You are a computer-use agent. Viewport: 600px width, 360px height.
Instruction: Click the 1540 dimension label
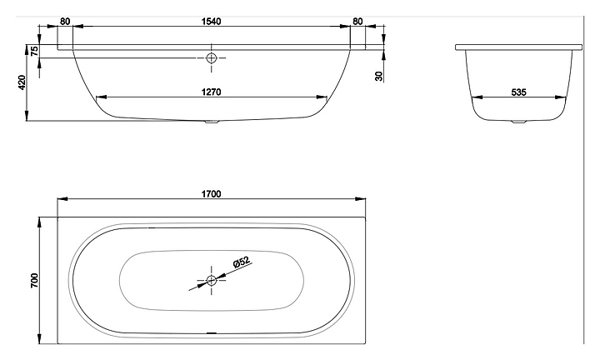pos(211,22)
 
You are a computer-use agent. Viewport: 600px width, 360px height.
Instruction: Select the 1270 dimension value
pos(211,92)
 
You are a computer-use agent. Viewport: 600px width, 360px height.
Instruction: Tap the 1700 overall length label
pos(211,194)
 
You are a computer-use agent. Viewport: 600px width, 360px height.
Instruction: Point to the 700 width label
pos(34,281)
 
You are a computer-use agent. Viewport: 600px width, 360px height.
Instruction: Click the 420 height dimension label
pos(22,82)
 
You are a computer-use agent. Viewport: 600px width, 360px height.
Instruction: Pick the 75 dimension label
pos(34,51)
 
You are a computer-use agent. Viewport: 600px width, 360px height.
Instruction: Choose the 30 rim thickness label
pos(379,76)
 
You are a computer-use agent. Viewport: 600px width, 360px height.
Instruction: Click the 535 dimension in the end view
pos(518,92)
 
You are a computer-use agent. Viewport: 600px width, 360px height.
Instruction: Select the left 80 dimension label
pos(65,22)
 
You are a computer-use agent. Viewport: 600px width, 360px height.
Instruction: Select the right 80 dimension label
pos(357,22)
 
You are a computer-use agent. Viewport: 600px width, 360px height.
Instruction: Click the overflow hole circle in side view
pos(211,58)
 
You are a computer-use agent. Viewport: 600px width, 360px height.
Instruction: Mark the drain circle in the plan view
pos(211,281)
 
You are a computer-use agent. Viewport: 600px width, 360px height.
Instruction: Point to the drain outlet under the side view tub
pos(211,122)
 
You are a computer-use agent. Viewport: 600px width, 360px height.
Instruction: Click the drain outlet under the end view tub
pos(519,122)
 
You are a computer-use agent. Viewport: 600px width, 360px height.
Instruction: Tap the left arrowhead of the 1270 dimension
pos(100,97)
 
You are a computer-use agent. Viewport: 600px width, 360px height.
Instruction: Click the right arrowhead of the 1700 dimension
pos(361,199)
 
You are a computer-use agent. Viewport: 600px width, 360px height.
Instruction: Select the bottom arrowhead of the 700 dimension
pos(40,339)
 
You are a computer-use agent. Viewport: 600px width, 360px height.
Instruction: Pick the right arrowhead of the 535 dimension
pos(561,97)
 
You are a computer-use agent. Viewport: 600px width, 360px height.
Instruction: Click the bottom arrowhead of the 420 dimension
pos(27,117)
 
